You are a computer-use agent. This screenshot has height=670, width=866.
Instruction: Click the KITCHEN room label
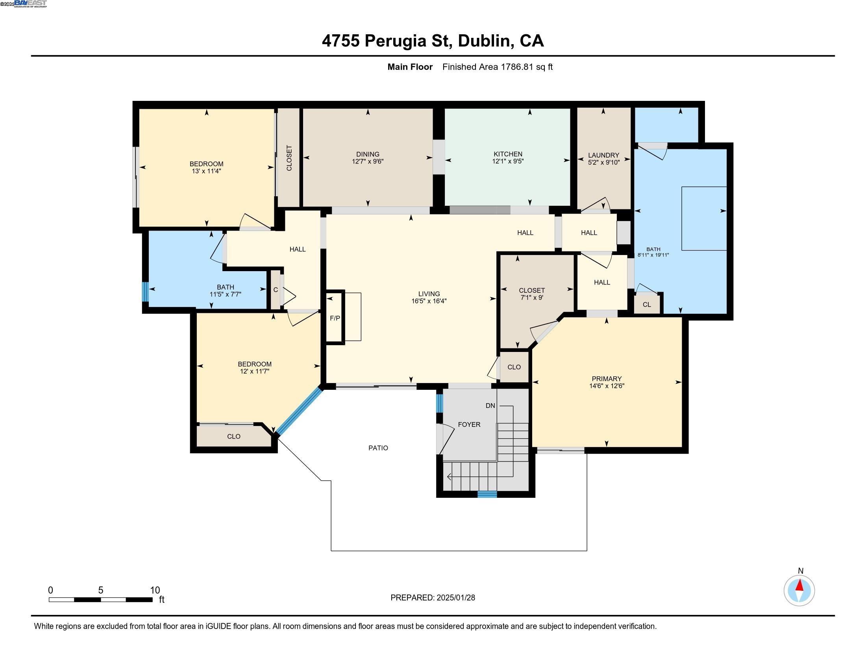pos(507,154)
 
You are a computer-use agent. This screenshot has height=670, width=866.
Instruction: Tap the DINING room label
pos(368,154)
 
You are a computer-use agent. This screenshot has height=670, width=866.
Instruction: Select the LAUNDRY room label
pos(603,155)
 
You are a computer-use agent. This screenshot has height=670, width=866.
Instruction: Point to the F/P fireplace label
pos(335,318)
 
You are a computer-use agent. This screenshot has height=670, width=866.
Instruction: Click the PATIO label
pos(378,448)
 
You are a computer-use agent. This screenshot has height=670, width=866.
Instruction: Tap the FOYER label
pos(469,425)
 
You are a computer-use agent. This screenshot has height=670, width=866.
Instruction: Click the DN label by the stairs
pos(490,406)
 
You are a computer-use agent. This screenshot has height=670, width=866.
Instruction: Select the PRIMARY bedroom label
pos(607,379)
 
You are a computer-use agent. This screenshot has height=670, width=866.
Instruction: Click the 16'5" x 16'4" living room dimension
pos(429,301)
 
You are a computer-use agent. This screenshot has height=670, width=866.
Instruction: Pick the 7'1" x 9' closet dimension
pos(532,298)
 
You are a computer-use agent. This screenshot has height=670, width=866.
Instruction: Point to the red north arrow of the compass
pos(799,585)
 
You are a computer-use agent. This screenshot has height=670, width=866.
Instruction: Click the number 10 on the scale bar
pos(155,590)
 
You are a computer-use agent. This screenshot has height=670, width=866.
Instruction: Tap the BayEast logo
pos(30,4)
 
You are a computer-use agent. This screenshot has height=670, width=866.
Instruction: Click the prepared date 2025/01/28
pos(455,598)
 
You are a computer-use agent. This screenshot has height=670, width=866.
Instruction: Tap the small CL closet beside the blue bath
pos(647,304)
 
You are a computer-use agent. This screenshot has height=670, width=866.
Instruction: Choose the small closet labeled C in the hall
pos(276,290)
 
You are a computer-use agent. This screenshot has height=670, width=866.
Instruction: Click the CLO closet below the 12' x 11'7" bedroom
pos(233,436)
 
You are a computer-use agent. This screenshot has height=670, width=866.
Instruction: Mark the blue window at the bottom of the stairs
pos(487,494)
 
